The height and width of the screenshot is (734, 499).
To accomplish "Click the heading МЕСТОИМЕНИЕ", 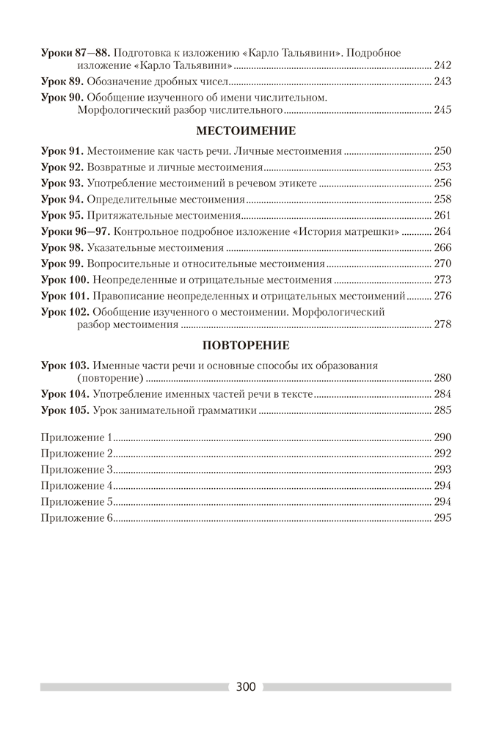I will point(247,131).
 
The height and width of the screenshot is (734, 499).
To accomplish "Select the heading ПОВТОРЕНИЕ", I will point(247,345).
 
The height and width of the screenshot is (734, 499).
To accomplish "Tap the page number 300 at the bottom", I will point(246,687).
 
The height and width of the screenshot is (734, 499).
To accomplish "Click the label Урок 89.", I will point(64,81).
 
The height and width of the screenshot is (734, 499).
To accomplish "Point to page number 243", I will point(443,81).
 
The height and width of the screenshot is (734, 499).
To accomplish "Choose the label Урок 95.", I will point(63,216).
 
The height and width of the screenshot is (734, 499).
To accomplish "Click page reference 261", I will point(443,216).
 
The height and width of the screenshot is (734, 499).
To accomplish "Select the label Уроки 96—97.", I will point(75,232).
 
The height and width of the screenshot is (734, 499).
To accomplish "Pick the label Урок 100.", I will point(66,280).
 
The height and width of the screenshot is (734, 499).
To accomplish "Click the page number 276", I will point(443,296).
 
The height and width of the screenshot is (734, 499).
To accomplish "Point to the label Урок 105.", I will point(66,410).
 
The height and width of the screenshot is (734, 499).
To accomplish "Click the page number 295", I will point(443,517).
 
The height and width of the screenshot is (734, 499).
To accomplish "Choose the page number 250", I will point(443,151).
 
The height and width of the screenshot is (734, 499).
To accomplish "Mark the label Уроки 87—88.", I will point(75,53).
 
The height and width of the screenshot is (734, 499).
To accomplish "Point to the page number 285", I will point(443,410).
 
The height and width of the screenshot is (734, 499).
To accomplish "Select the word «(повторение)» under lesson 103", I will point(109,378).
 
